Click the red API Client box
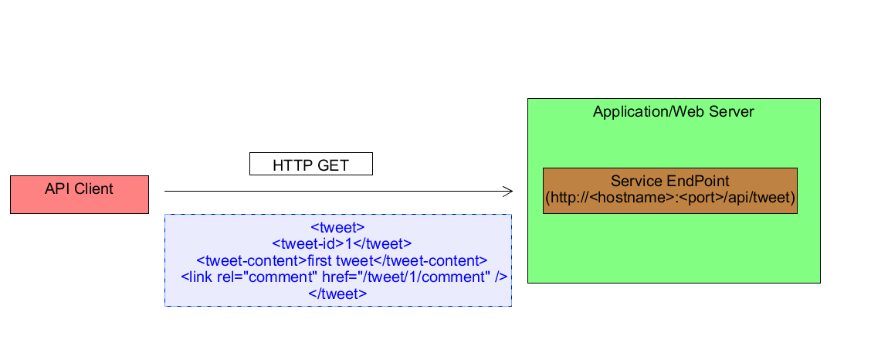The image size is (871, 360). pos(79,194)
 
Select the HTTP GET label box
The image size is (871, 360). pos(310,165)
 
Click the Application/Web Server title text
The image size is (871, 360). pos(673,112)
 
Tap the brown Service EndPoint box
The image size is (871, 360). pos(669,190)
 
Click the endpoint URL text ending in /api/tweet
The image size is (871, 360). pos(669,199)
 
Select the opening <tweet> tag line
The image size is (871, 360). pos(337,227)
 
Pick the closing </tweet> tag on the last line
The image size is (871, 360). pos(337,294)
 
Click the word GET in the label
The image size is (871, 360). pos(333,165)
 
